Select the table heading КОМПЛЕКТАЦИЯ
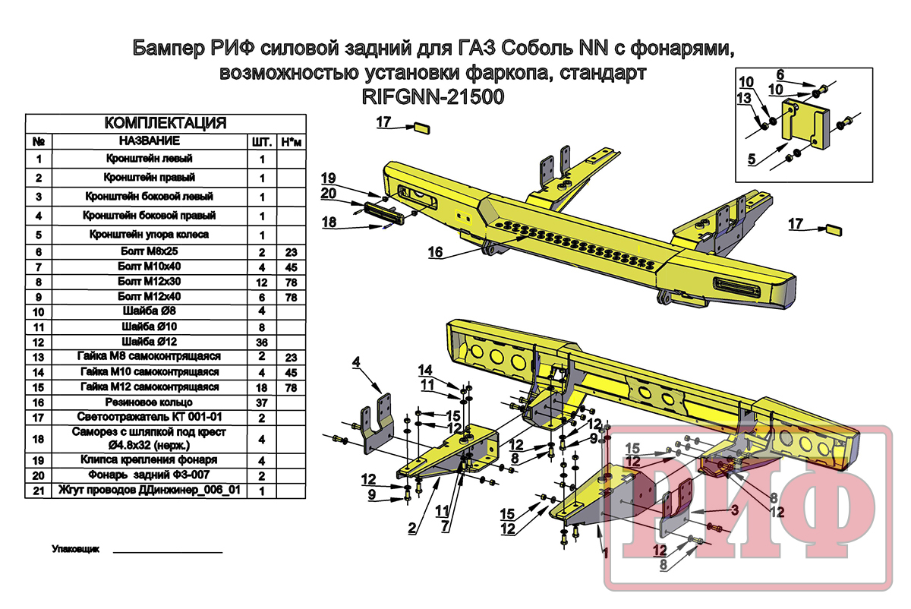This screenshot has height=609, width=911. (x=165, y=124)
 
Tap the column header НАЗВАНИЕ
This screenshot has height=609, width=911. (x=149, y=141)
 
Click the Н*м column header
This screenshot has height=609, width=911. (x=291, y=142)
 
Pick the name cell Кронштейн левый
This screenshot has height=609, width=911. (x=149, y=159)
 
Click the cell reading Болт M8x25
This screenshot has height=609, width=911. (x=149, y=251)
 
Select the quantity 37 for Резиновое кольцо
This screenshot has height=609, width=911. (x=262, y=402)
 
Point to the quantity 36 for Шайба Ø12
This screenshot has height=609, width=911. (x=262, y=342)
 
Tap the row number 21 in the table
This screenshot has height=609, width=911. (x=39, y=491)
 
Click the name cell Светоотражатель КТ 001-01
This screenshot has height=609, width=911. (x=149, y=417)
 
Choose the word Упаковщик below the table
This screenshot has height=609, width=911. (x=73, y=548)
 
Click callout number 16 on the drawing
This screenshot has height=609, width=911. (x=435, y=254)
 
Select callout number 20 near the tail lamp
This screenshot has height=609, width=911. (x=328, y=194)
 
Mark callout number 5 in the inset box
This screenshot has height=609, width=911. (x=751, y=159)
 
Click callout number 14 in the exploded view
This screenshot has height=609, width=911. (x=424, y=370)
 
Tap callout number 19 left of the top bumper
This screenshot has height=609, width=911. (x=328, y=178)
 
